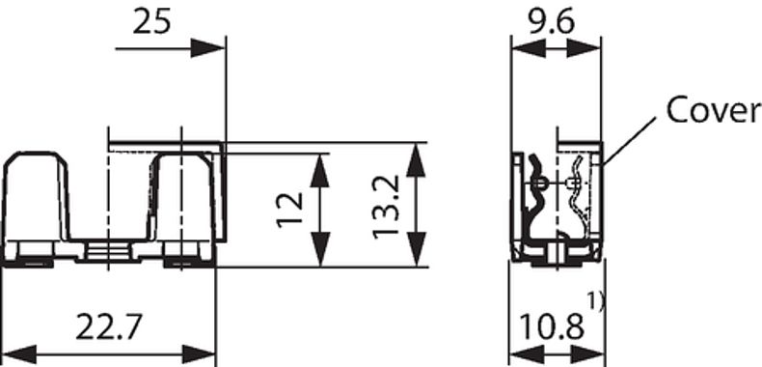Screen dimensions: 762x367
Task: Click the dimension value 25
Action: click(151, 22)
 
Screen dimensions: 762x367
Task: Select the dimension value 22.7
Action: click(109, 326)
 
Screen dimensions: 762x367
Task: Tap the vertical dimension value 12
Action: click(290, 210)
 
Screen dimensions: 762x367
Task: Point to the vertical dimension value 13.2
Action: click(388, 207)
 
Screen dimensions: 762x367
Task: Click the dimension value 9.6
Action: click(552, 22)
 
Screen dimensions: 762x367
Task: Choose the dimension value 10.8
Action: click(552, 326)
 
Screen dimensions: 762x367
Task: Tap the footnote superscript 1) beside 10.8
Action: click(596, 302)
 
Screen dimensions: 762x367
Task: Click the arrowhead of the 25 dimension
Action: click(207, 48)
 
